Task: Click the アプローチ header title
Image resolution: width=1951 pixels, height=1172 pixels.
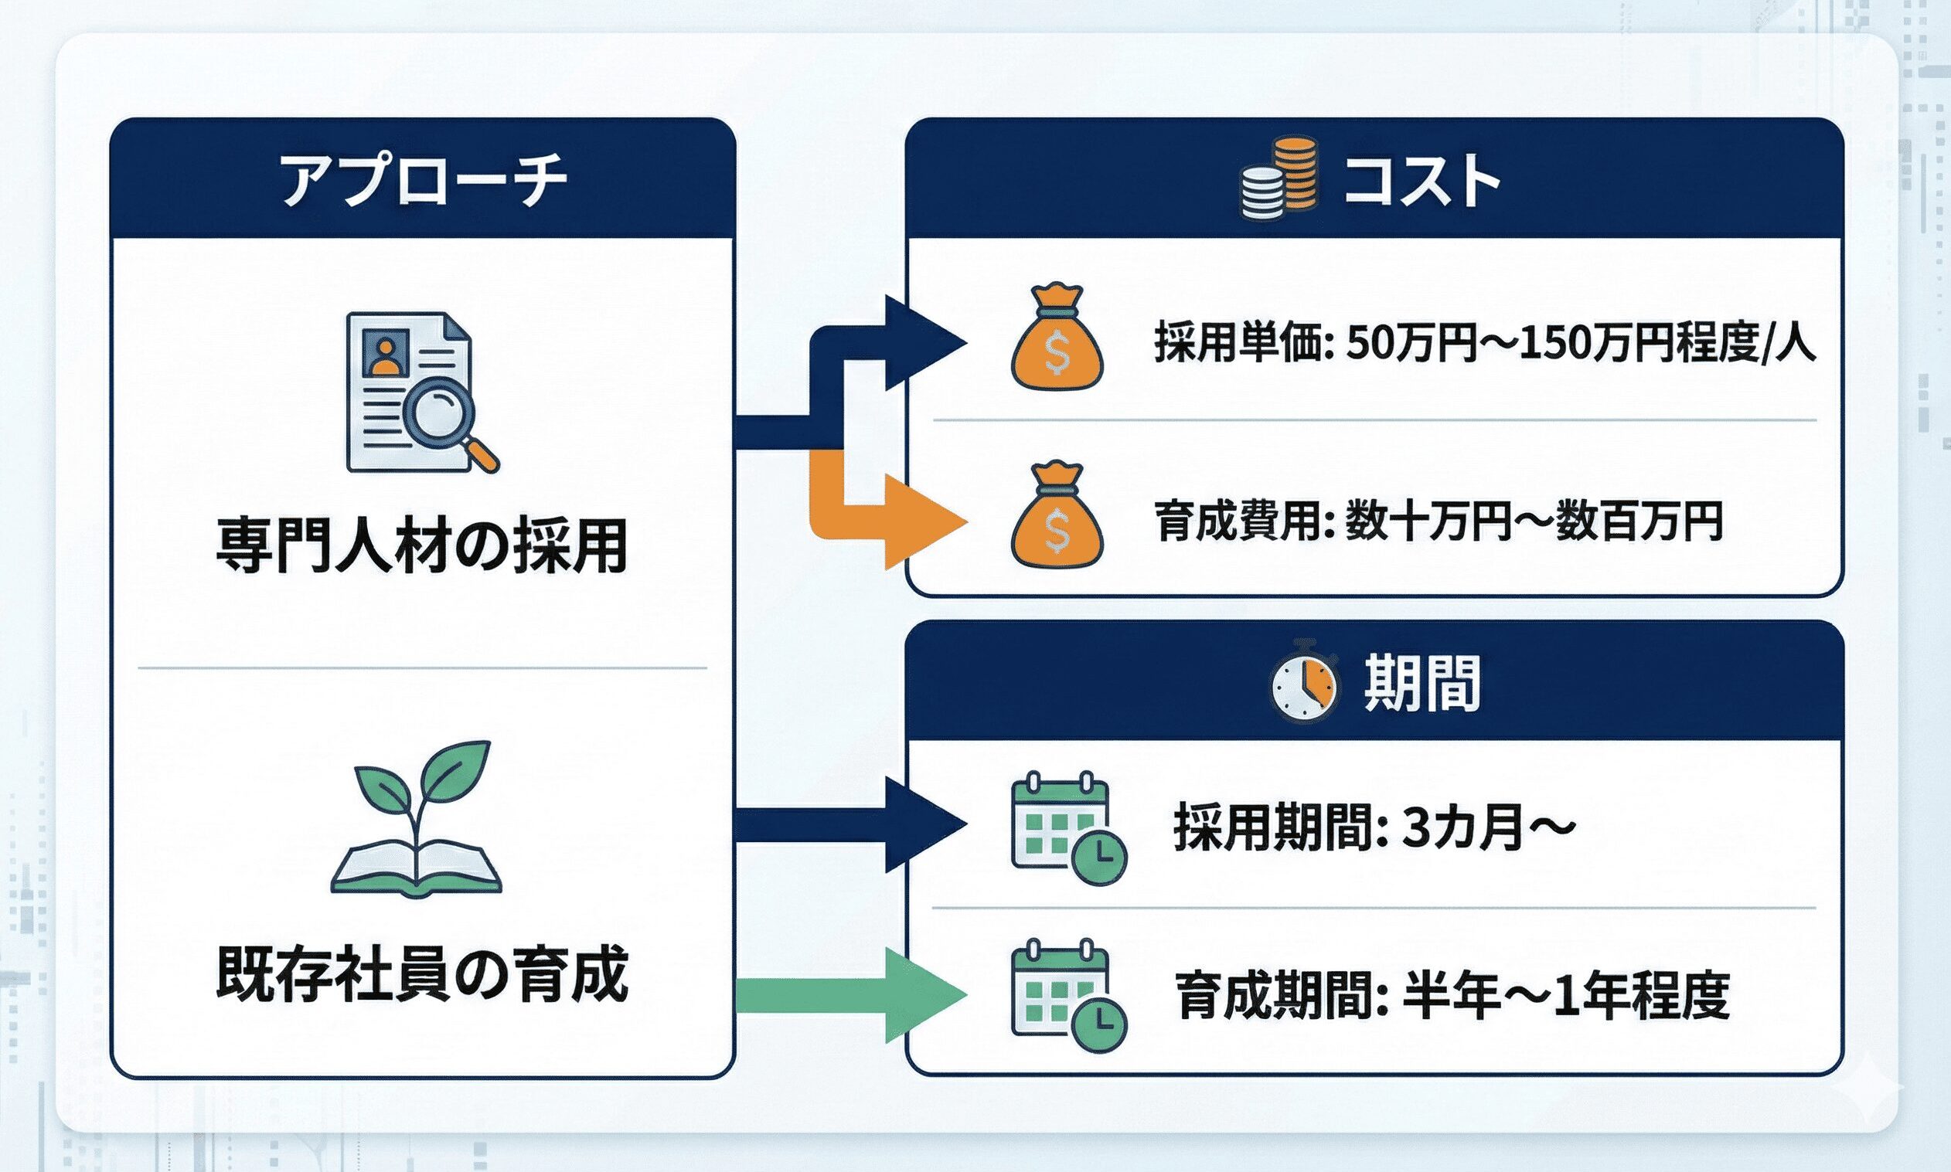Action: (423, 181)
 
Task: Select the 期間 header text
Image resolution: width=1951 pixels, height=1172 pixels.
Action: (1422, 684)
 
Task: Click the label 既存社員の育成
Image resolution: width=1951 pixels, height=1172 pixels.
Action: (421, 975)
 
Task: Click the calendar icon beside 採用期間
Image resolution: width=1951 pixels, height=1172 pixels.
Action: (1067, 828)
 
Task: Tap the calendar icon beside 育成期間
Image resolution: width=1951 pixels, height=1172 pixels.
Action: (1067, 995)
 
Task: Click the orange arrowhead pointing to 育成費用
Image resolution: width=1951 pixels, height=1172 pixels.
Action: (924, 523)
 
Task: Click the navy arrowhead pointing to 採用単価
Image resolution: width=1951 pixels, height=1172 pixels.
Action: (924, 343)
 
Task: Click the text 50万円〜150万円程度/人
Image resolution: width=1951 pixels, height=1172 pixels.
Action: (1581, 345)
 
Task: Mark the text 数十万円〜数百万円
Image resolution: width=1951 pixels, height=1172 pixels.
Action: (1533, 523)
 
